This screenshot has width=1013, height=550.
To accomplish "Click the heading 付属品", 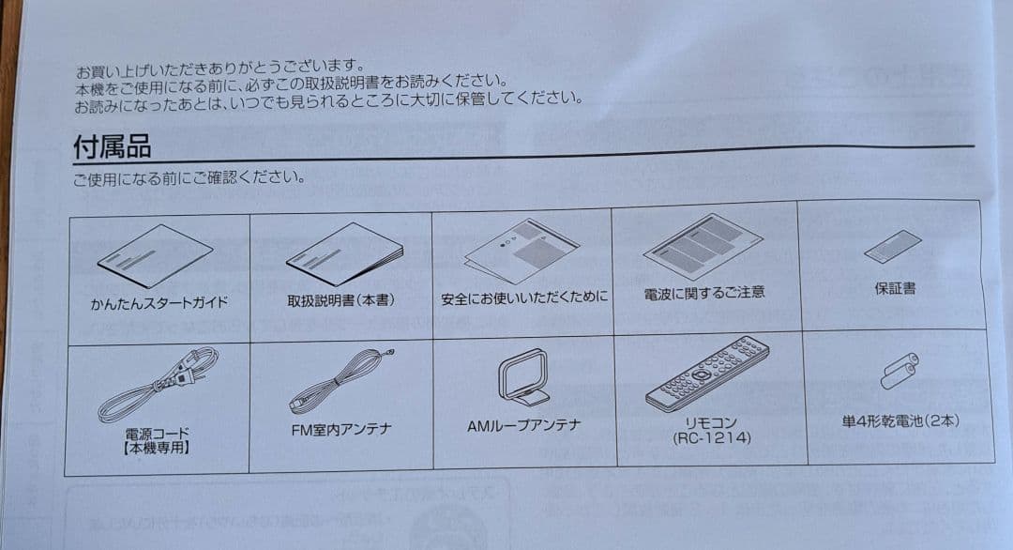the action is tap(113, 146).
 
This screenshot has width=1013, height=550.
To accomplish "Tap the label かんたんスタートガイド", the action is tap(159, 302).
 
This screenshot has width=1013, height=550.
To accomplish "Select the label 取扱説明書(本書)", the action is tap(341, 300).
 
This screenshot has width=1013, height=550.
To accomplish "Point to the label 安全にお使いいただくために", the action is tap(524, 298).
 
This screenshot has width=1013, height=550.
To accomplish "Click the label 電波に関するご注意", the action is tap(704, 293).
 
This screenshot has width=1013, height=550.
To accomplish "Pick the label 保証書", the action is tap(896, 288).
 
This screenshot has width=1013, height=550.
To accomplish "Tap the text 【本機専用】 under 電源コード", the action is tap(157, 448).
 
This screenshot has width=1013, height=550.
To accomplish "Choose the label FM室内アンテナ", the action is tap(341, 429).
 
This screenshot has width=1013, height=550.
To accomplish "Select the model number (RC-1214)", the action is tap(711, 438).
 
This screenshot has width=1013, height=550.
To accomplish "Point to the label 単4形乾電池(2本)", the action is tap(900, 421).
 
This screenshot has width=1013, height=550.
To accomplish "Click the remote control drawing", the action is tap(707, 374).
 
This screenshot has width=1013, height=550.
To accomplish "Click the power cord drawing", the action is tap(158, 385).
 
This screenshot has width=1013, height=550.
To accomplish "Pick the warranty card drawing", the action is tap(893, 246).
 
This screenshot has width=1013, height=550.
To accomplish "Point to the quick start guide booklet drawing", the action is tap(155, 256).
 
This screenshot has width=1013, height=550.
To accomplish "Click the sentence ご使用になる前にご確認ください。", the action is tap(189, 177).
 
